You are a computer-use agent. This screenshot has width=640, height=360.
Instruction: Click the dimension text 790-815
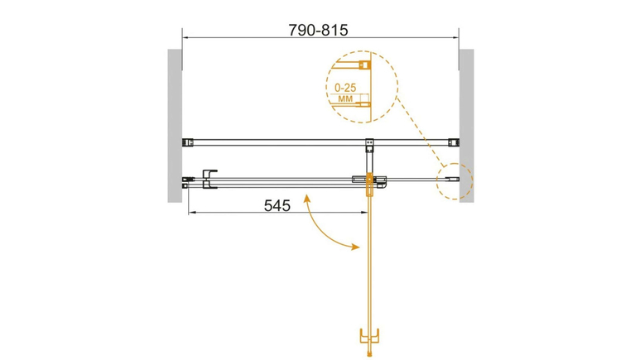tap(318, 30)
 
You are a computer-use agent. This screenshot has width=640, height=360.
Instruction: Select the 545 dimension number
tap(277, 206)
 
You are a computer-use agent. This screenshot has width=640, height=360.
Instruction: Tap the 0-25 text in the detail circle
tap(345, 88)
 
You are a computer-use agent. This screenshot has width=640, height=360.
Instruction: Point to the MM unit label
tap(345, 98)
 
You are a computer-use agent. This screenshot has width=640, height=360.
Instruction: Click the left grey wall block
tap(175, 126)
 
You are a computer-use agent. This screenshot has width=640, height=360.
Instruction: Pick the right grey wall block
tap(466, 126)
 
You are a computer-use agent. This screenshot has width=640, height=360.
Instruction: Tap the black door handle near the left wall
tap(209, 180)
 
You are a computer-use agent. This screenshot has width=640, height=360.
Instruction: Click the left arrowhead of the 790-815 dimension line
tap(185, 37)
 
